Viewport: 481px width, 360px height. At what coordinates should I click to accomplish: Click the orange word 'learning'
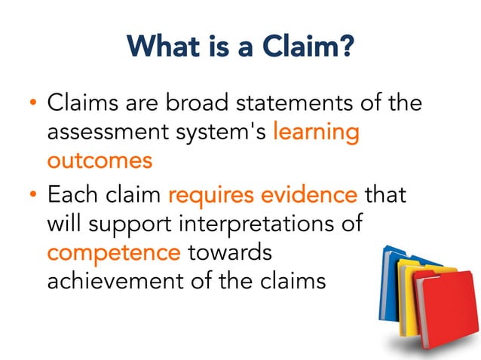click(x=316, y=133)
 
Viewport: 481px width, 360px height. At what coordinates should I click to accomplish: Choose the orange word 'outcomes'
click(x=100, y=160)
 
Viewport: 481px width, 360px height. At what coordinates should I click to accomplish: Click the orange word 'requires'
click(x=213, y=196)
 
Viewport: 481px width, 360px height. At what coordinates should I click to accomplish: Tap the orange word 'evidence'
click(x=311, y=196)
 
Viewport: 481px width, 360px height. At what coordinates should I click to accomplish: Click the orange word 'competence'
click(x=113, y=252)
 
